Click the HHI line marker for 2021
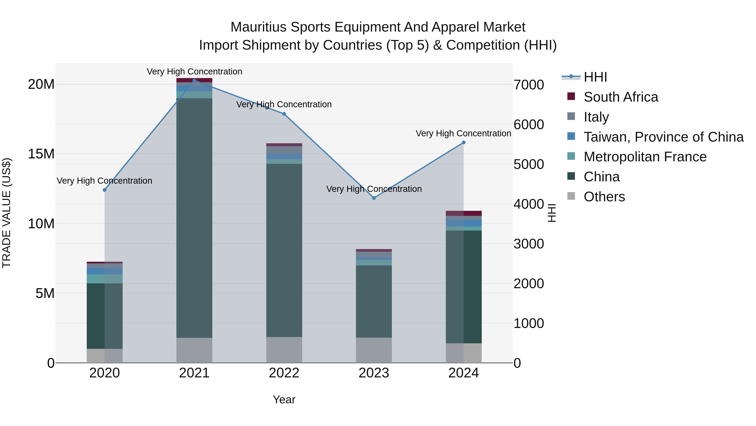point(194,81)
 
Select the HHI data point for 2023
point(374,198)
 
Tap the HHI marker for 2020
point(105,190)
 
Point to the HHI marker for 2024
point(464,143)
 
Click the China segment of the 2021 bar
point(194,218)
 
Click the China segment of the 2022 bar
point(284,250)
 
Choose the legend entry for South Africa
point(621,97)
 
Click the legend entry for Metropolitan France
point(645,157)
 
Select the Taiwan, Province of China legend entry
point(663,137)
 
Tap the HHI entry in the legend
point(595,77)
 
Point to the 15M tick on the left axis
point(41,154)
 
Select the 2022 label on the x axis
point(284,373)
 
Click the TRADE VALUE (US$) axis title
point(7,213)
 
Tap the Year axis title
point(284,399)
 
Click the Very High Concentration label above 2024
point(463,133)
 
